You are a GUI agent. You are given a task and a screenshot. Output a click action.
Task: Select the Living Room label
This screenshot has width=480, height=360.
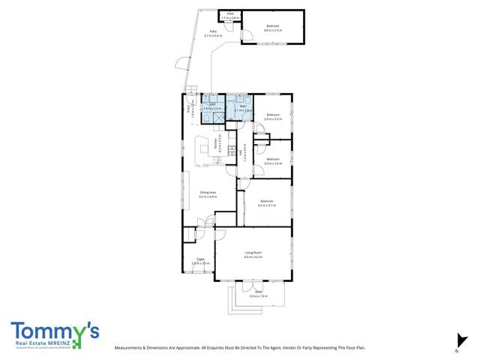[253, 253]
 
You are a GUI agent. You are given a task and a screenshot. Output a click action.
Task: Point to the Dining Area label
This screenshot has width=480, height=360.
[208, 193]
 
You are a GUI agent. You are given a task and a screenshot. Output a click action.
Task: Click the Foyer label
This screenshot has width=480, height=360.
[199, 259]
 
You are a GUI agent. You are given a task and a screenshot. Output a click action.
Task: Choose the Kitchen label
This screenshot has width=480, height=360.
[214, 139]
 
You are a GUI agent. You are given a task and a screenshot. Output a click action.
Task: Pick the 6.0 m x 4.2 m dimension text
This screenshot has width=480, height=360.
[253, 257]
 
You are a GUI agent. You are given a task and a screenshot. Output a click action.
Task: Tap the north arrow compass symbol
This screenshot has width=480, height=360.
[457, 341]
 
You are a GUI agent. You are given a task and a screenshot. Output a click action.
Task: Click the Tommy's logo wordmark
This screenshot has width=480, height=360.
[54, 331]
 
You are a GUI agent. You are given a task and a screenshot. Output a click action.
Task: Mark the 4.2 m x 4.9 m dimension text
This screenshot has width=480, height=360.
[208, 196]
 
